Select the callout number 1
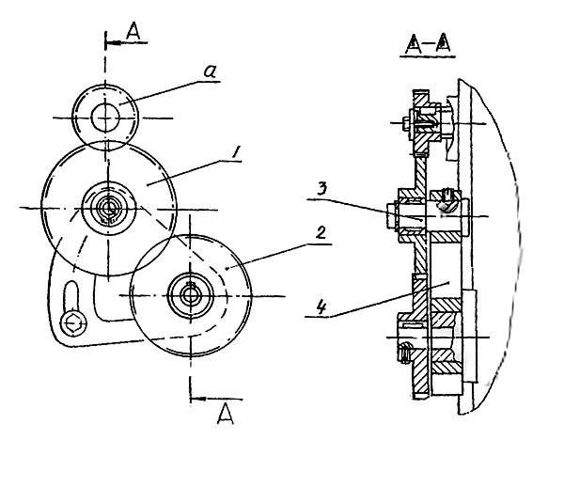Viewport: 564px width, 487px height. pyautogui.click(x=236, y=151)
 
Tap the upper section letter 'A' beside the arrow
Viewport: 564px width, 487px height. pyautogui.click(x=133, y=30)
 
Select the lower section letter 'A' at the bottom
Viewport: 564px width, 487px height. pyautogui.click(x=224, y=415)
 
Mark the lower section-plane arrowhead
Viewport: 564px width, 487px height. pyautogui.click(x=199, y=397)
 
